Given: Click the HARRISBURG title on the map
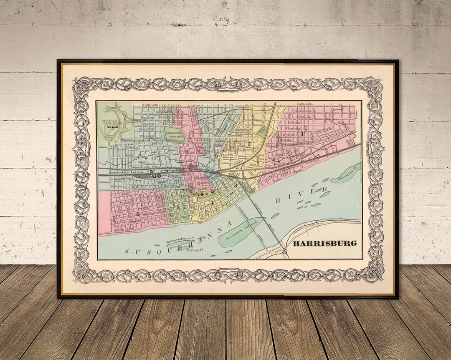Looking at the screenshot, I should pyautogui.click(x=324, y=243).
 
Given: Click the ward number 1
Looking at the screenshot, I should pyautogui.click(x=301, y=134).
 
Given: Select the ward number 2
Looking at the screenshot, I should pyautogui.click(x=249, y=143).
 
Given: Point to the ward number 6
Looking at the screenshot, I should pyautogui.click(x=137, y=214).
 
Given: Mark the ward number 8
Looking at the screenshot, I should pyautogui.click(x=187, y=152).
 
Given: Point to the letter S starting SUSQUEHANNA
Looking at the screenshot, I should pyautogui.click(x=127, y=252).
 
